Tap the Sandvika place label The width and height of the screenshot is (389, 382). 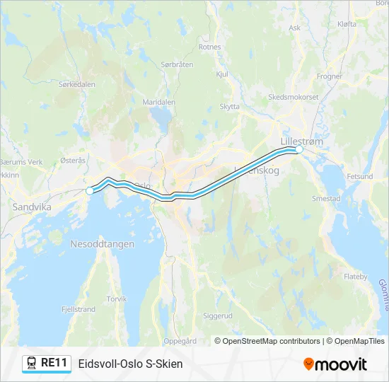coord(28,207)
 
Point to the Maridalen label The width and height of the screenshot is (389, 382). coord(158,102)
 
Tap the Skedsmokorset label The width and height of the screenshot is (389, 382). coord(293,97)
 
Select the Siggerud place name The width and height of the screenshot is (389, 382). coord(217,316)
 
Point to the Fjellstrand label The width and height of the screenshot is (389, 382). coord(78,309)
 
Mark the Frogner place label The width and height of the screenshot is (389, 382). coord(330,76)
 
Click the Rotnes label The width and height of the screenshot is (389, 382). coord(210,47)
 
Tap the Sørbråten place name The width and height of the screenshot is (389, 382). coord(177,64)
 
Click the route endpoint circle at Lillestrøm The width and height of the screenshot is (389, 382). coord(299,149)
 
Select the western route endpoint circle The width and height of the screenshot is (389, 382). coord(90,190)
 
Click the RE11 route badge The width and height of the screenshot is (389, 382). coord(47,364)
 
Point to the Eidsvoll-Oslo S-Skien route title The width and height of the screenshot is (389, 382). coord(130,364)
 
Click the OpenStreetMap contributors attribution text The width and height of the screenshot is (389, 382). coord(267,341)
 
